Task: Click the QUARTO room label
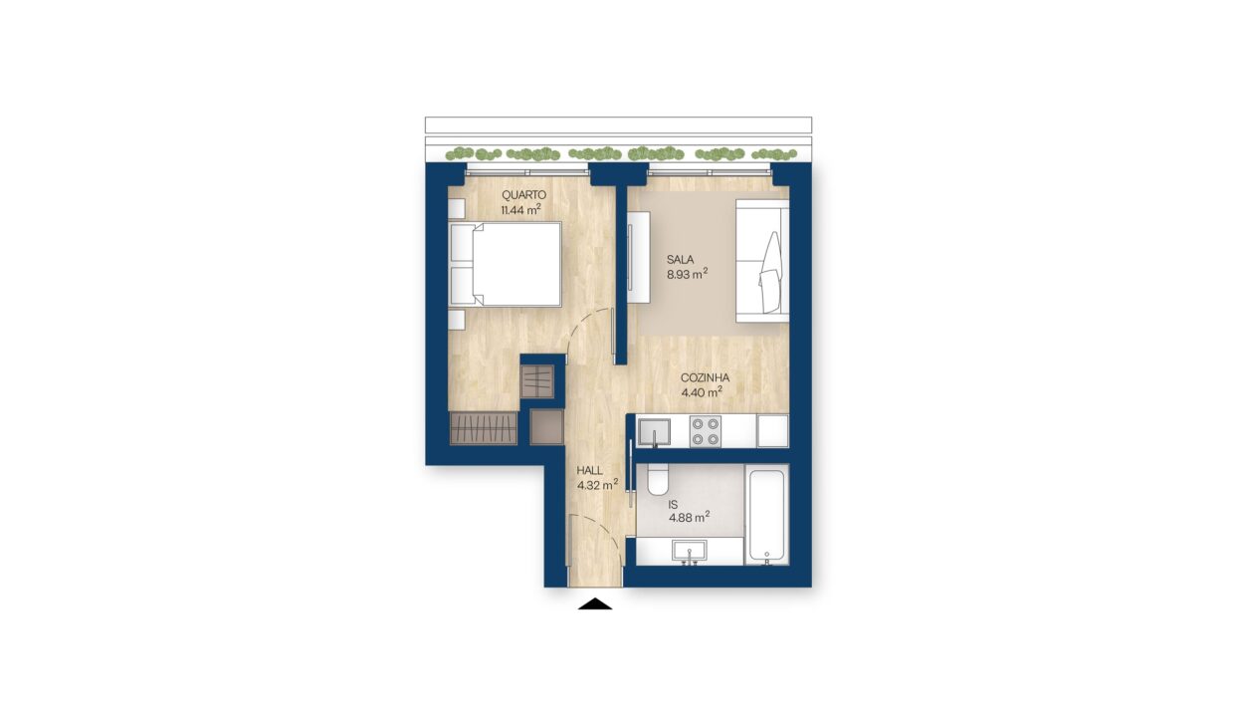point(523,195)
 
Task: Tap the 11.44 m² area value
point(520,209)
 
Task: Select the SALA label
point(680,260)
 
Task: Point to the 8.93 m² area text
point(687,274)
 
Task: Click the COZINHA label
point(705,378)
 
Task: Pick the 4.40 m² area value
point(702,391)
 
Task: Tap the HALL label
point(589,471)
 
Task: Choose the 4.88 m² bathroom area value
point(690,517)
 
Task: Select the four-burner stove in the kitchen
point(706,431)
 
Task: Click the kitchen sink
point(654,431)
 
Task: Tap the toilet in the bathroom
point(658,479)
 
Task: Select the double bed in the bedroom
point(506,264)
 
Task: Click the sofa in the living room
point(762,261)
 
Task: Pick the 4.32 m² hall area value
point(597,486)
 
